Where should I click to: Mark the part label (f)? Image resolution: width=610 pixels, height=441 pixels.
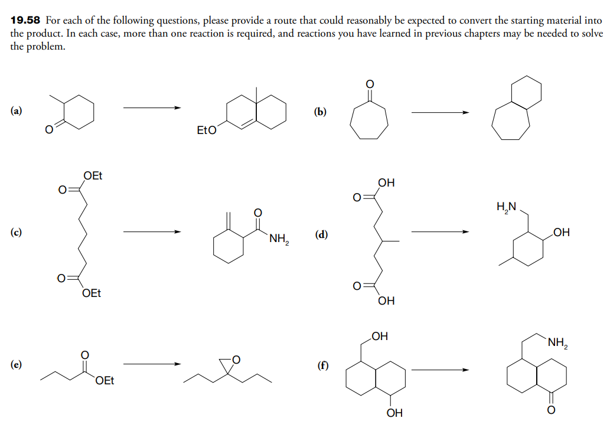tap(322, 364)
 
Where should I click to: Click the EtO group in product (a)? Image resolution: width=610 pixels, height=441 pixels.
tap(206, 130)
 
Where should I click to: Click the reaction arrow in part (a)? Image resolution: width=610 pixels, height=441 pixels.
tap(151, 108)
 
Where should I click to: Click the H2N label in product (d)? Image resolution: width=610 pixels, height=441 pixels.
tap(507, 207)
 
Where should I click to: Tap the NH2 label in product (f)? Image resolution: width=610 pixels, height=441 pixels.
tap(557, 342)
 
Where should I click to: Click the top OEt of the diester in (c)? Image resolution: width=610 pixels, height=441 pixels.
tap(93, 175)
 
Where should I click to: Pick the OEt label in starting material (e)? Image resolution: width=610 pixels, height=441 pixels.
tap(105, 381)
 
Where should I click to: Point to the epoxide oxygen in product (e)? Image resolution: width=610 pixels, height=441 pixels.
tap(236, 359)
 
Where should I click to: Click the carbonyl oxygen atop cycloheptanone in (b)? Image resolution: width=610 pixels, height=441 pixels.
tap(370, 84)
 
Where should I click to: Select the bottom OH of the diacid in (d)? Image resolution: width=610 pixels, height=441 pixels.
tap(386, 301)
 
